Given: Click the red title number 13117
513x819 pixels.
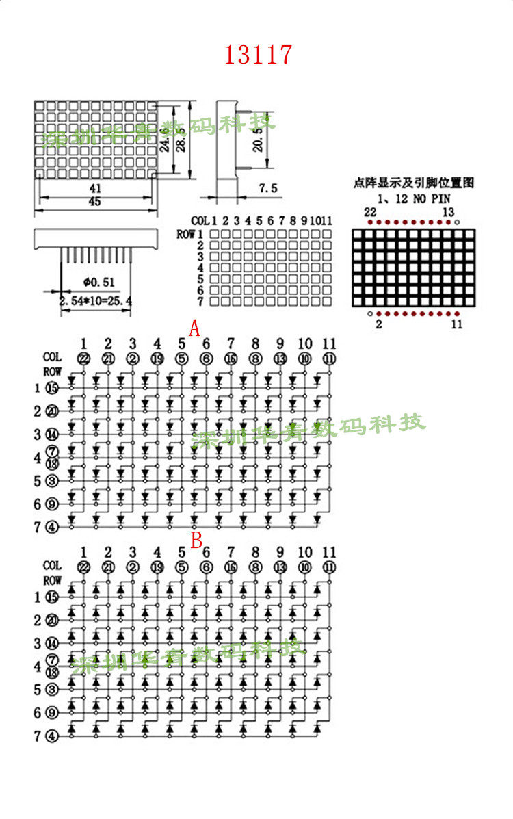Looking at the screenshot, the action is pos(258,55).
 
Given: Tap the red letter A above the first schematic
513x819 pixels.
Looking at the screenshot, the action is pos(194,329).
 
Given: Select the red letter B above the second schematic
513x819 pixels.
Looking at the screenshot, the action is pos(196,541).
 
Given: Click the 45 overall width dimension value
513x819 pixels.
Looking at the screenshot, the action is pos(96,202).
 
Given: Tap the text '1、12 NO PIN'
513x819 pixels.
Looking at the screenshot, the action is pos(413,198).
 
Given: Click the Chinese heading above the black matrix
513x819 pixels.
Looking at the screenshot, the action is pos(413,183).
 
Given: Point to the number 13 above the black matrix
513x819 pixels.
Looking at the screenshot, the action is pos(448,212).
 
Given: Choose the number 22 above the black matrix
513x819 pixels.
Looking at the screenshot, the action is pos(369,212).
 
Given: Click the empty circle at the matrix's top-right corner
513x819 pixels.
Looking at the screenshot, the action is pos(457,222).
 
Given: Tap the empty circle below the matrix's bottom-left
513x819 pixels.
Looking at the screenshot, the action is pos(369,313).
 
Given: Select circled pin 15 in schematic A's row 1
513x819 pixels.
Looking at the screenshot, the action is pos(52,389).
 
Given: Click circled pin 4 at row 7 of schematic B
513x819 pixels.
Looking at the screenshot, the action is pos(52,736).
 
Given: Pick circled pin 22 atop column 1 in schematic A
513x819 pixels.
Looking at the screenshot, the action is pos(83,359).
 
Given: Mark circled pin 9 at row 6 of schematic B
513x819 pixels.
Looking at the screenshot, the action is pos(52,713).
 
